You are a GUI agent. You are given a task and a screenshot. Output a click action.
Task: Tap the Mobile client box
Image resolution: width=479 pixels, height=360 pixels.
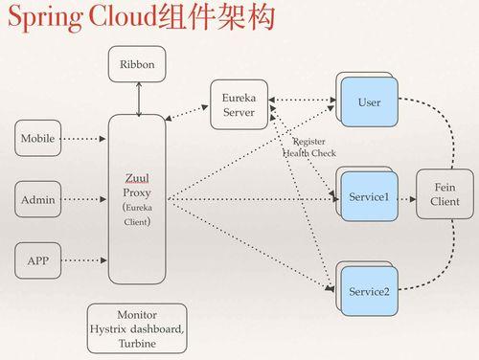click(x=37, y=139)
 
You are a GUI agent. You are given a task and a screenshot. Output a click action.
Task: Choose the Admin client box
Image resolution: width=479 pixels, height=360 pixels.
click(x=37, y=200)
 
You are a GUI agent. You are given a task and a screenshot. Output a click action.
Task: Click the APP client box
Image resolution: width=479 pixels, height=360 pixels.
click(x=37, y=259)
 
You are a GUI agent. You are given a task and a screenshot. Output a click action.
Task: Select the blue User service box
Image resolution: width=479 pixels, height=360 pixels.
click(x=369, y=102)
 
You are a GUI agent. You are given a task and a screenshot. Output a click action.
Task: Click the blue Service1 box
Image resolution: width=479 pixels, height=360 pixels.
click(x=369, y=196)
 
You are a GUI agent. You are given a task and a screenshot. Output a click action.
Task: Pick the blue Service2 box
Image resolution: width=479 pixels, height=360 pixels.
click(x=369, y=290)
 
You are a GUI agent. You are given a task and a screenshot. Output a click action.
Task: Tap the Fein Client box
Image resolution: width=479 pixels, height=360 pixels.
click(x=445, y=194)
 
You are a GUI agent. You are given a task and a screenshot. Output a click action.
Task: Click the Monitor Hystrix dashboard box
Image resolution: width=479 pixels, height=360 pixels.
click(x=137, y=328)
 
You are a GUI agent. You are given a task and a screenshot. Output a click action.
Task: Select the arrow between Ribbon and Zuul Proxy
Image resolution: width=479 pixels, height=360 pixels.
click(x=139, y=99)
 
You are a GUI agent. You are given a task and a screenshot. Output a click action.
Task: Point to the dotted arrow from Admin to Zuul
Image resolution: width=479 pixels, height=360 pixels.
click(x=83, y=200)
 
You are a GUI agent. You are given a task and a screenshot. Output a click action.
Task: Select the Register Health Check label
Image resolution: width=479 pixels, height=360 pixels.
click(x=308, y=146)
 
